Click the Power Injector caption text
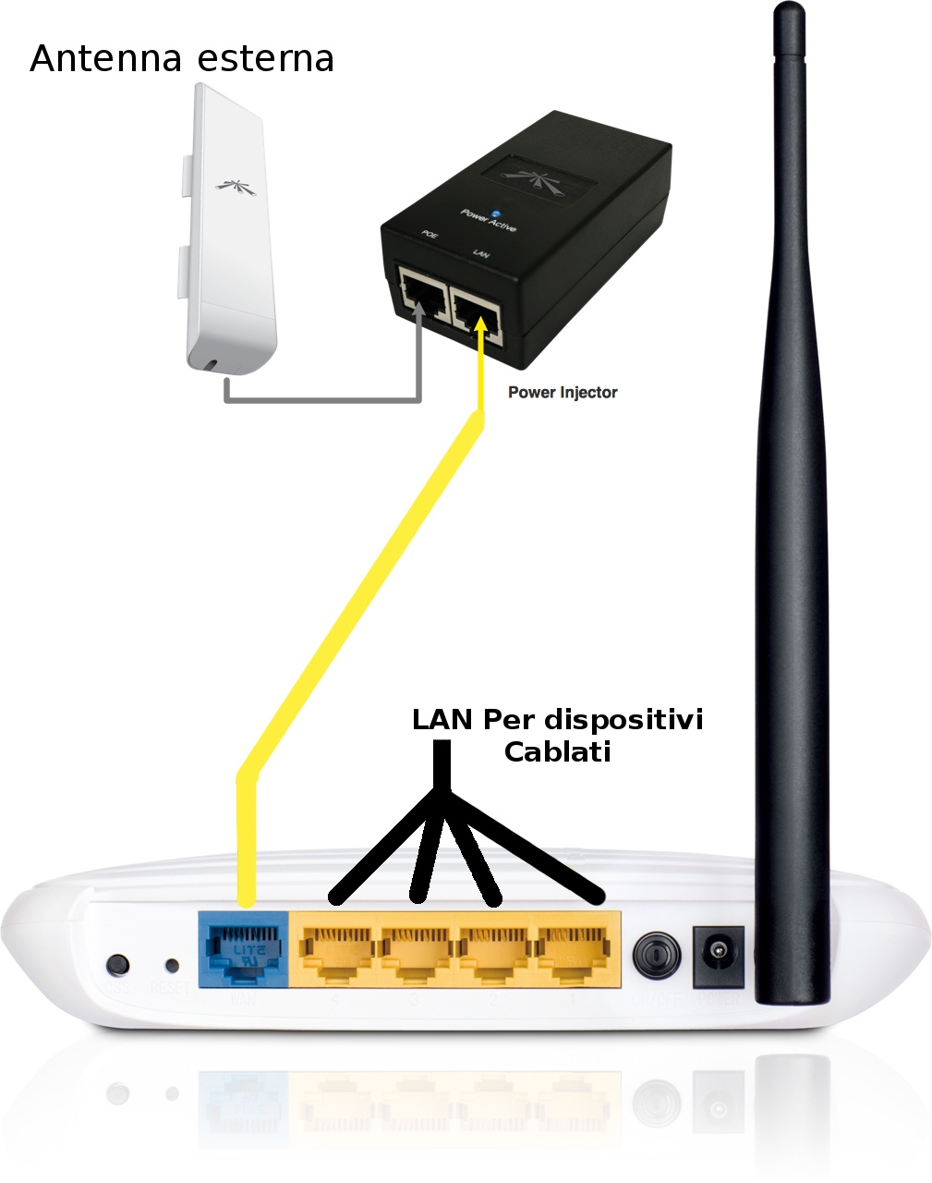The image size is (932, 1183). click(563, 392)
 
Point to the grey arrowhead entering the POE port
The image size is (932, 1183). click(422, 311)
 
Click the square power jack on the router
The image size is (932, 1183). click(718, 952)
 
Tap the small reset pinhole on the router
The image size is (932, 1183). click(172, 966)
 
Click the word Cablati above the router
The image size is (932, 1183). click(558, 751)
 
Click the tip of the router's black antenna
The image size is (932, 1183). click(789, 11)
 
